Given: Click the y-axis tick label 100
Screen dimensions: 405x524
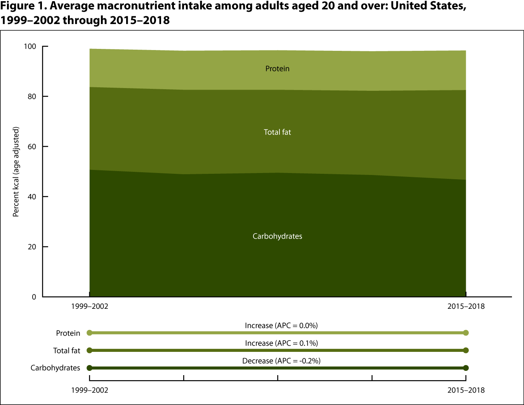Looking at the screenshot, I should click(30, 47).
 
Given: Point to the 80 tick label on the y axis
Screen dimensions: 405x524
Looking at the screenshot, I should click(32, 97).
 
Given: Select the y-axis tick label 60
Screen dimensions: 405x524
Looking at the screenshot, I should click(32, 147).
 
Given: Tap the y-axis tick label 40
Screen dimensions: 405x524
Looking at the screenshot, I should click(32, 197).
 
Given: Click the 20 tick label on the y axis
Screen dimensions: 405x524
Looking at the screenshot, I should click(32, 247).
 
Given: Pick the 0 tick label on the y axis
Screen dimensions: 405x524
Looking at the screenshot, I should click(34, 297).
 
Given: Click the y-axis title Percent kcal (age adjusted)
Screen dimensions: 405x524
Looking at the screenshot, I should click(16, 171).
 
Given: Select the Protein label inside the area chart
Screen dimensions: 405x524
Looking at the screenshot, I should click(277, 69).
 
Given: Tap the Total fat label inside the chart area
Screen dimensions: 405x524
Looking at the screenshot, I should click(277, 132).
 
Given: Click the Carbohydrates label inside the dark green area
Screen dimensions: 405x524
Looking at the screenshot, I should click(277, 236).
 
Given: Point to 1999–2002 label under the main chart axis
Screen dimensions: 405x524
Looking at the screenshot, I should click(90, 306).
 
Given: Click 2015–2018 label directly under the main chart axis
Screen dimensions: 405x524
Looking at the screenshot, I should click(466, 306).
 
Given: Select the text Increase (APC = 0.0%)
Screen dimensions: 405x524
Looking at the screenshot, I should click(281, 325).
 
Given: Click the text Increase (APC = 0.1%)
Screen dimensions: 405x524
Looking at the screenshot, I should click(281, 343).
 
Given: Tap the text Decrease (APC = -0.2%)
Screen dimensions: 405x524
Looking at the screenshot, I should click(281, 361).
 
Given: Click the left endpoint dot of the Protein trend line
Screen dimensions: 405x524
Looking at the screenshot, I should click(90, 333).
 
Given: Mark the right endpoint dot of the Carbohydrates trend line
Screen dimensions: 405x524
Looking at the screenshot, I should click(466, 368).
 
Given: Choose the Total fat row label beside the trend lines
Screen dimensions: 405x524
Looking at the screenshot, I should click(67, 351).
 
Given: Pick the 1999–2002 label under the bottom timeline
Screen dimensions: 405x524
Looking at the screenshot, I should click(90, 390).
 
